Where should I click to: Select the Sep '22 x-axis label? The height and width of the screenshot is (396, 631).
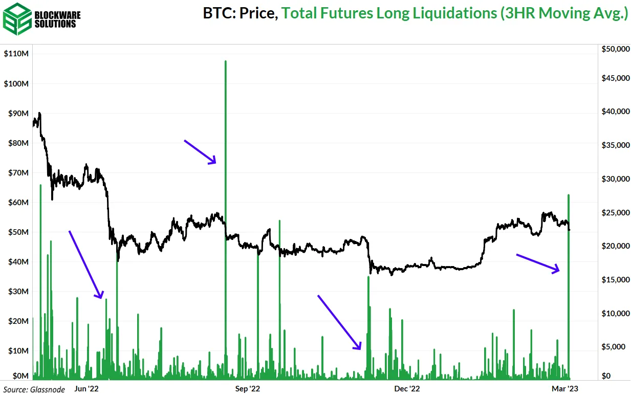(x=249, y=389)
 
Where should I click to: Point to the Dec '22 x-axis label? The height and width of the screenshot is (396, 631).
(x=408, y=389)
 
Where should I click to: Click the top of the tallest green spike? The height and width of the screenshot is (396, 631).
(x=225, y=61)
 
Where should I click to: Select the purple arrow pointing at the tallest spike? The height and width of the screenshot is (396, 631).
(x=200, y=152)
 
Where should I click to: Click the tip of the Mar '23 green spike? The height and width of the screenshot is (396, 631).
(x=569, y=195)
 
